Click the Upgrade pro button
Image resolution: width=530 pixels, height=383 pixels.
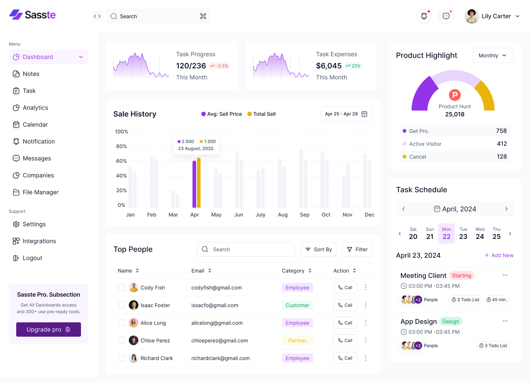48,329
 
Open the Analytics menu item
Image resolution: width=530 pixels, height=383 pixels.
35,108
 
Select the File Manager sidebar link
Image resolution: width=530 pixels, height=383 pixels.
40,192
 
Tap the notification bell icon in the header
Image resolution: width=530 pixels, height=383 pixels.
424,16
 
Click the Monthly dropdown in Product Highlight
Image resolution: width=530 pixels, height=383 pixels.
493,56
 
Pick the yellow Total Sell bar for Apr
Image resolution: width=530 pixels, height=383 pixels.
199,183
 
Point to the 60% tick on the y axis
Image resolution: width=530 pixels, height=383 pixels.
121,161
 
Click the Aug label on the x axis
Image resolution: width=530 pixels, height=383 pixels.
283,215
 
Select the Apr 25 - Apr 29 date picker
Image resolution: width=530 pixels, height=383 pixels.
346,114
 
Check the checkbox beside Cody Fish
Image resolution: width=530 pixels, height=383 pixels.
121,287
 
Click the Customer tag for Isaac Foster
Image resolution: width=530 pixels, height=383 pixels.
297,305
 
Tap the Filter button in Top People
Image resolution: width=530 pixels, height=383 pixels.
357,249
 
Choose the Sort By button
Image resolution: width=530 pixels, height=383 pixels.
319,249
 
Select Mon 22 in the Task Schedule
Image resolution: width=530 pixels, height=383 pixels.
446,233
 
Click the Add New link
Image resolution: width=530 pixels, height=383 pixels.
499,255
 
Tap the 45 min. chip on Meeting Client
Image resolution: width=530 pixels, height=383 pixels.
497,300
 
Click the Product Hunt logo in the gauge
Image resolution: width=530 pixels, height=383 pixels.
455,95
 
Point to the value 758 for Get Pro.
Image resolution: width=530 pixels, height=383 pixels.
501,131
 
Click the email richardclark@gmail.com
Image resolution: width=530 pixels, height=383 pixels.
220,358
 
